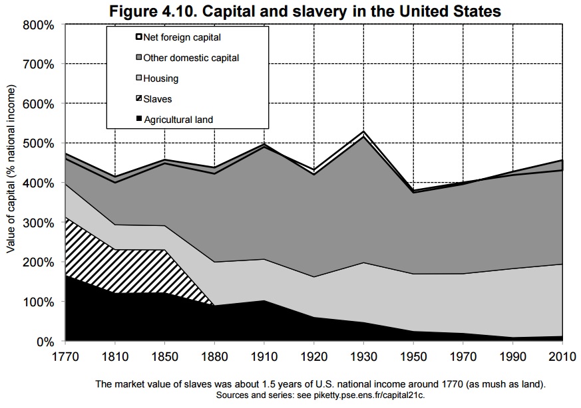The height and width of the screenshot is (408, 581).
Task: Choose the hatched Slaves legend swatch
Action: click(x=138, y=99)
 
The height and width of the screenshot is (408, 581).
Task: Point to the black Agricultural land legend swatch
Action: click(x=138, y=120)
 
